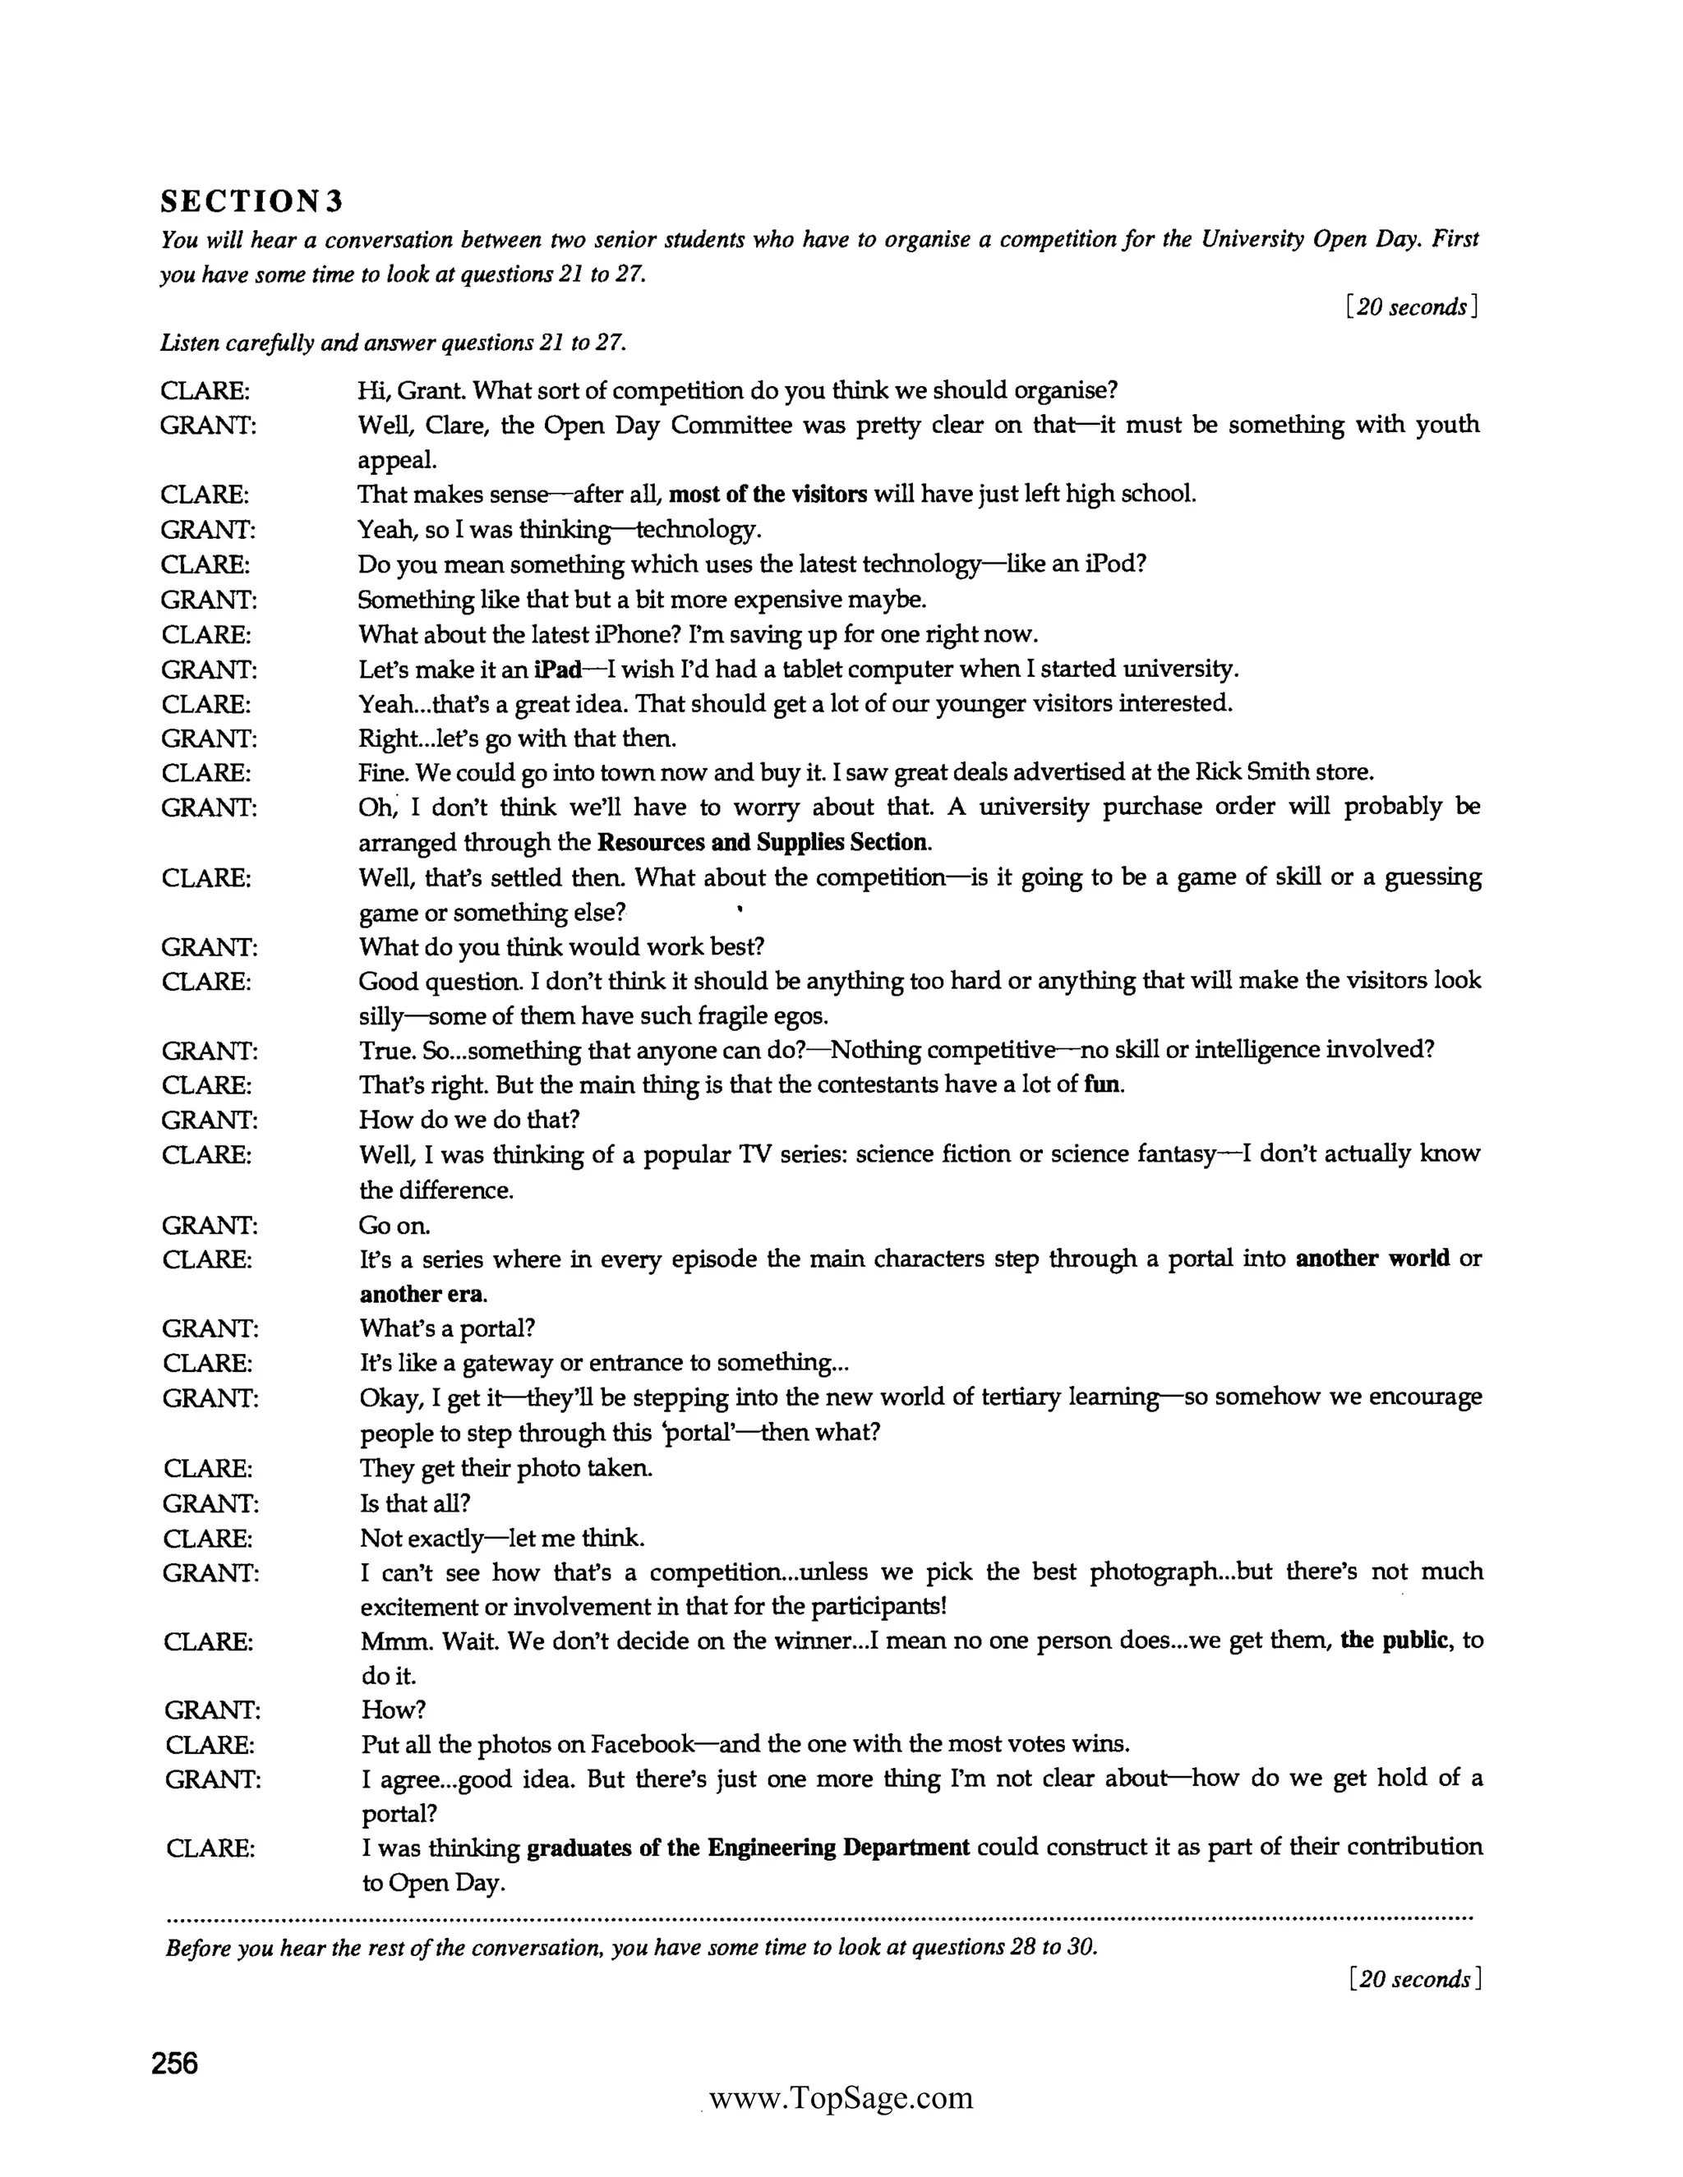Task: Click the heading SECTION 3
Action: pyautogui.click(x=251, y=202)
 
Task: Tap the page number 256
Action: pyautogui.click(x=176, y=2062)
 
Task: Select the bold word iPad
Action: pyautogui.click(x=557, y=669)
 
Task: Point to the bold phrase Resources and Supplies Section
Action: pyautogui.click(x=763, y=842)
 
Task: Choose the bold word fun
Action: pyautogui.click(x=1102, y=1084)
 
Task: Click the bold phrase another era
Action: pyautogui.click(x=422, y=1294)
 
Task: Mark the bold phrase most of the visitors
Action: pyautogui.click(x=768, y=495)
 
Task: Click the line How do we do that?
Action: pyautogui.click(x=468, y=1120)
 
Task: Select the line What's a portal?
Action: pyautogui.click(x=448, y=1328)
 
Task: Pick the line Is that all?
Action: pyautogui.click(x=415, y=1503)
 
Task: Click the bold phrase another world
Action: pyautogui.click(x=1372, y=1259)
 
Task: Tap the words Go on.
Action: pyautogui.click(x=394, y=1225)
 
